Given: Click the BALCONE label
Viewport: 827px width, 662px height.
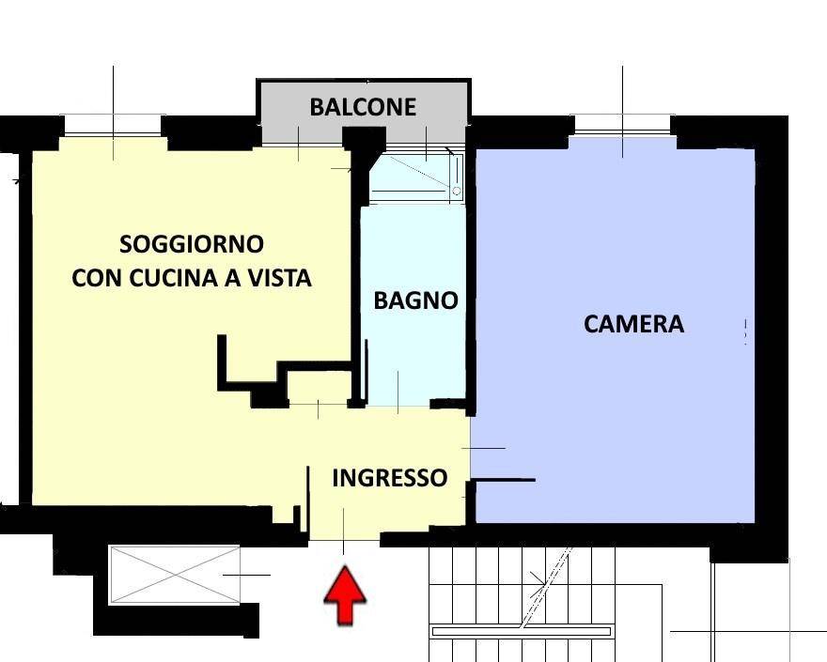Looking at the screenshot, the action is (363, 107).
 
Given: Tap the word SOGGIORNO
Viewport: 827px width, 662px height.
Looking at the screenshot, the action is (192, 244).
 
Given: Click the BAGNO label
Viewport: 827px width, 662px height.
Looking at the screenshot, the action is (415, 300).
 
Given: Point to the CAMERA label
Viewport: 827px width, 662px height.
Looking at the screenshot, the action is (634, 324).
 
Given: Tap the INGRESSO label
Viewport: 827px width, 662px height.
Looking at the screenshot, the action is (390, 478).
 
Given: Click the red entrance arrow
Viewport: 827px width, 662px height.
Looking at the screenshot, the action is (345, 595).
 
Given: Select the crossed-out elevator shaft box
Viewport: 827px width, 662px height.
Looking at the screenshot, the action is (175, 575).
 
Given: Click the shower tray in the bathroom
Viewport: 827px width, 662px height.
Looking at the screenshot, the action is (416, 177).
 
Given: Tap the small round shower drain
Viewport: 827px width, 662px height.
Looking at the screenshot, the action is (457, 191).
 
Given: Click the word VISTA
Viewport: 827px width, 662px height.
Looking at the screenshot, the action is (279, 278).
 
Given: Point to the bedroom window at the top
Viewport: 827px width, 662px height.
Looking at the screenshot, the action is (623, 127).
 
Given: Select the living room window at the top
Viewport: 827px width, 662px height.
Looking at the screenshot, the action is (113, 127).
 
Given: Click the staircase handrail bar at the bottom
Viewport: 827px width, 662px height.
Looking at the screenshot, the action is (521, 631).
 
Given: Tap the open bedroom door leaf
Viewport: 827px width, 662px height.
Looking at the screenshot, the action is (503, 480).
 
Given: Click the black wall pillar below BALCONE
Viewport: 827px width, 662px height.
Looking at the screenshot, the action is (364, 164).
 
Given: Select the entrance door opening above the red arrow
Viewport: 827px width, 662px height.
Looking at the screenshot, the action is (344, 540).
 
